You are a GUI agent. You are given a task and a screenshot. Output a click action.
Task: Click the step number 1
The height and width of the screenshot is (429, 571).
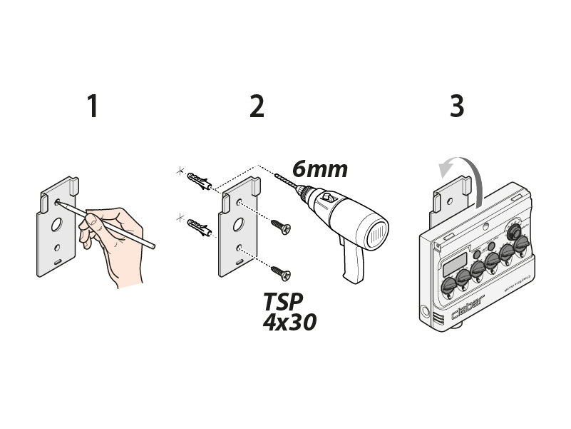pyautogui.click(x=92, y=106)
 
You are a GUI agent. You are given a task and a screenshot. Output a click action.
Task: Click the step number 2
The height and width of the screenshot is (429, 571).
pyautogui.click(x=257, y=106)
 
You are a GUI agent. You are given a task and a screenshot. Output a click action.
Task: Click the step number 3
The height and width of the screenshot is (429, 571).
pyautogui.click(x=457, y=106)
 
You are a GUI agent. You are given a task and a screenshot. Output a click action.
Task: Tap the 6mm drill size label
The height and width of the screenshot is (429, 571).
pyautogui.click(x=319, y=169)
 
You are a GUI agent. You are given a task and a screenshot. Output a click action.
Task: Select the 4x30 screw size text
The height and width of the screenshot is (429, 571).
pyautogui.click(x=289, y=322)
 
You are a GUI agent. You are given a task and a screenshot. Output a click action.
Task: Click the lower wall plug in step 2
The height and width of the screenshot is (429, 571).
pyautogui.click(x=199, y=228)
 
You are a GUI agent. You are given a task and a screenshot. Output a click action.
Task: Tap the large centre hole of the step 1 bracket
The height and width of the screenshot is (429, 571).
pyautogui.click(x=56, y=223)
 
